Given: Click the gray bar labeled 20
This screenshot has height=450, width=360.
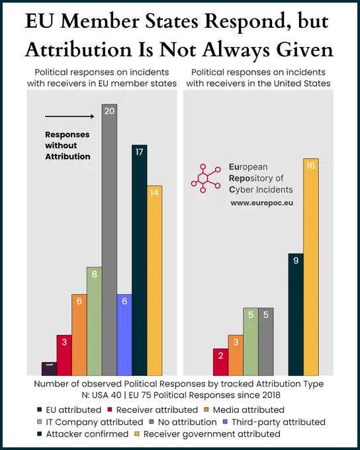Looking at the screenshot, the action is [109, 240].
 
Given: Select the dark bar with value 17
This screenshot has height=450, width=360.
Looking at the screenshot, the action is [140, 260].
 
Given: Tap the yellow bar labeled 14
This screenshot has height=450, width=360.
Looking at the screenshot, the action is [154, 281].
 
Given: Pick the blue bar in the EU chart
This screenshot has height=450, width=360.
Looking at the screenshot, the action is [124, 335].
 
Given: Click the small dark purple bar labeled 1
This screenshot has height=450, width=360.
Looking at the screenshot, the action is [49, 369].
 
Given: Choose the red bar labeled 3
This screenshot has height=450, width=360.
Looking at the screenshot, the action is [64, 355].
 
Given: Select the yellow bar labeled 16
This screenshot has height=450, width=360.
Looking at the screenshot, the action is [311, 267].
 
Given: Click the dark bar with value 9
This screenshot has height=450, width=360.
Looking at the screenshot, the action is [296, 314].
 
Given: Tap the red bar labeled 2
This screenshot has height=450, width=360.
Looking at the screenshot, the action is [220, 362].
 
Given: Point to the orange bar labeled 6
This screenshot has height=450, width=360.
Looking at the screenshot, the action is [79, 335].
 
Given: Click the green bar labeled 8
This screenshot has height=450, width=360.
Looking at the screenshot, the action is [95, 321].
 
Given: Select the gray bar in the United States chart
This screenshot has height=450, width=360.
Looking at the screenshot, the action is [266, 341].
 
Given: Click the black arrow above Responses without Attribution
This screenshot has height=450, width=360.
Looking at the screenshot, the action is [69, 116].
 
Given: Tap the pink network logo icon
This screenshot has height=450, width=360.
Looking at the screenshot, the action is [206, 178].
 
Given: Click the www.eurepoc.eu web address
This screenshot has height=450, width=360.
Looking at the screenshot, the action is [262, 203].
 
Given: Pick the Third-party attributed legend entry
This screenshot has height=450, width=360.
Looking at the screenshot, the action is [274, 422].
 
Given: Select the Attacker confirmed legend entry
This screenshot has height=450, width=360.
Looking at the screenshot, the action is [83, 433].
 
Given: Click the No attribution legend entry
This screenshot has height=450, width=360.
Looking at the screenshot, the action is [183, 422].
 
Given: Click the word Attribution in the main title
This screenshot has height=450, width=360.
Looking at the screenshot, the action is [78, 50].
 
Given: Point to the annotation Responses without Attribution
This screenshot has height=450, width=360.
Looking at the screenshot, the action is [67, 146].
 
